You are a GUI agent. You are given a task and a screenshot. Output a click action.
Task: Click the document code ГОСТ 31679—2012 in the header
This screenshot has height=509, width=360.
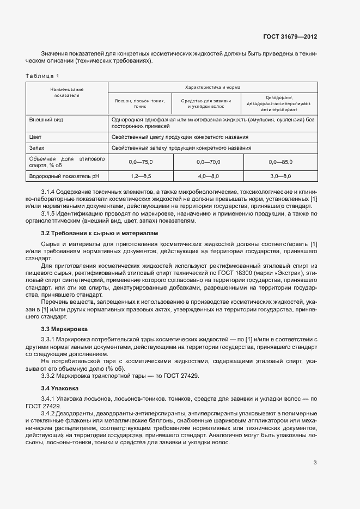[290, 37]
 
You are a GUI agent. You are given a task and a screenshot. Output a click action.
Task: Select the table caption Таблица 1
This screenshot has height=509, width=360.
[42, 76]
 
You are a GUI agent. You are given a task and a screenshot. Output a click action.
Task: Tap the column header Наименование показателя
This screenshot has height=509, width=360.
[66, 92]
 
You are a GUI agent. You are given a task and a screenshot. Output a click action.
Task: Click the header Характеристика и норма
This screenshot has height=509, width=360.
[212, 87]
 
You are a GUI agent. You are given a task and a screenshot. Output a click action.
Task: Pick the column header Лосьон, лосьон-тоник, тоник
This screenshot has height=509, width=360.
[140, 104]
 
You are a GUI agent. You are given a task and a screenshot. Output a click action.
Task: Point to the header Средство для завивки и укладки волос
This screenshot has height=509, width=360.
[209, 104]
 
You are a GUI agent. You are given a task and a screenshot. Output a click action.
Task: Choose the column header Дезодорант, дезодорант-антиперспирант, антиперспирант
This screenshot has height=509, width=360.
[280, 103]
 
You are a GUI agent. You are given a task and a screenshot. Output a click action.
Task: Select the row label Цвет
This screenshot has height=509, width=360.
[35, 137]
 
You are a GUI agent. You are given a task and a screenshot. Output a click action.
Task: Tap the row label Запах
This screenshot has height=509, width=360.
[37, 148]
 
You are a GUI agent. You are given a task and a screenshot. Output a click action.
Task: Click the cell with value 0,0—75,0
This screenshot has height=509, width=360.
[141, 162]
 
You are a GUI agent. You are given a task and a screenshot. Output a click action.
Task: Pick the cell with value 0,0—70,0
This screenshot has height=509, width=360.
[209, 162]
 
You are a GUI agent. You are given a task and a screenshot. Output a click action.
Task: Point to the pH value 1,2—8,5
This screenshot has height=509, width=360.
[141, 176]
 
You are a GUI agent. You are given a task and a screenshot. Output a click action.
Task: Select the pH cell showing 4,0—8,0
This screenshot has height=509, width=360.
[209, 176]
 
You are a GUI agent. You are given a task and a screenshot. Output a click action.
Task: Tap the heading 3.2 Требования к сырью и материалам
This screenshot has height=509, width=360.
[99, 233]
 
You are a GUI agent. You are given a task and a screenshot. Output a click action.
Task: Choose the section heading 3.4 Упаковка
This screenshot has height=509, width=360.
[59, 388]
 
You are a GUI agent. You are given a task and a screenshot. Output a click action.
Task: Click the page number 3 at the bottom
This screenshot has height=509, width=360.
[315, 463]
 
